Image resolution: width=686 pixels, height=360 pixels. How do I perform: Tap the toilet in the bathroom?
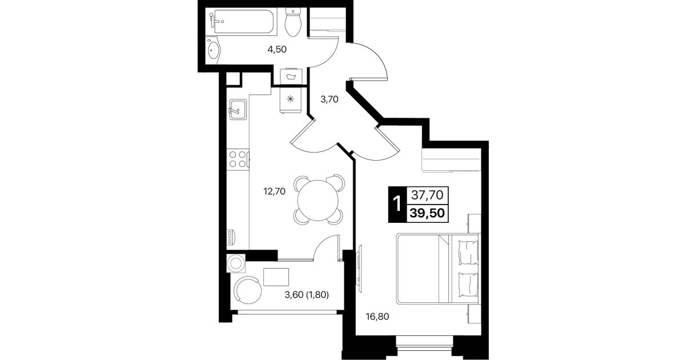294,22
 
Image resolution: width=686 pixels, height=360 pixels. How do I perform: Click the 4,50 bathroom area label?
277,49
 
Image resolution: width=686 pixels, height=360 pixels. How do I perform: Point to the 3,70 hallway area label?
329,99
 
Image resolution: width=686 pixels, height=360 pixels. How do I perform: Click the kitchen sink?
238,109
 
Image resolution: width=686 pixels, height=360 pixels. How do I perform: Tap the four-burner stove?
238,159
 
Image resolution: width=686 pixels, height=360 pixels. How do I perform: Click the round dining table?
318,201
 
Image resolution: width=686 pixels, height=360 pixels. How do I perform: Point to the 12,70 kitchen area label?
274,191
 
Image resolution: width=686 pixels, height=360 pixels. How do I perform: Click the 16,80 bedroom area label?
378,317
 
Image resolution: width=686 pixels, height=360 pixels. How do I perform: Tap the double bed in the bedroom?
438,269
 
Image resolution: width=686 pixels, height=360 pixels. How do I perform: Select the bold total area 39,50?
427,213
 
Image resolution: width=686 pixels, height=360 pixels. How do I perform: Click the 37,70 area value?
427,195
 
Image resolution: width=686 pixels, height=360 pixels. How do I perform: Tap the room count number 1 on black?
397,204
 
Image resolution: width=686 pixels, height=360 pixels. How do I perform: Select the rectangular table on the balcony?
276,277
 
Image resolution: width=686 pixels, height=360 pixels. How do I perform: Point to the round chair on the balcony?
248,290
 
